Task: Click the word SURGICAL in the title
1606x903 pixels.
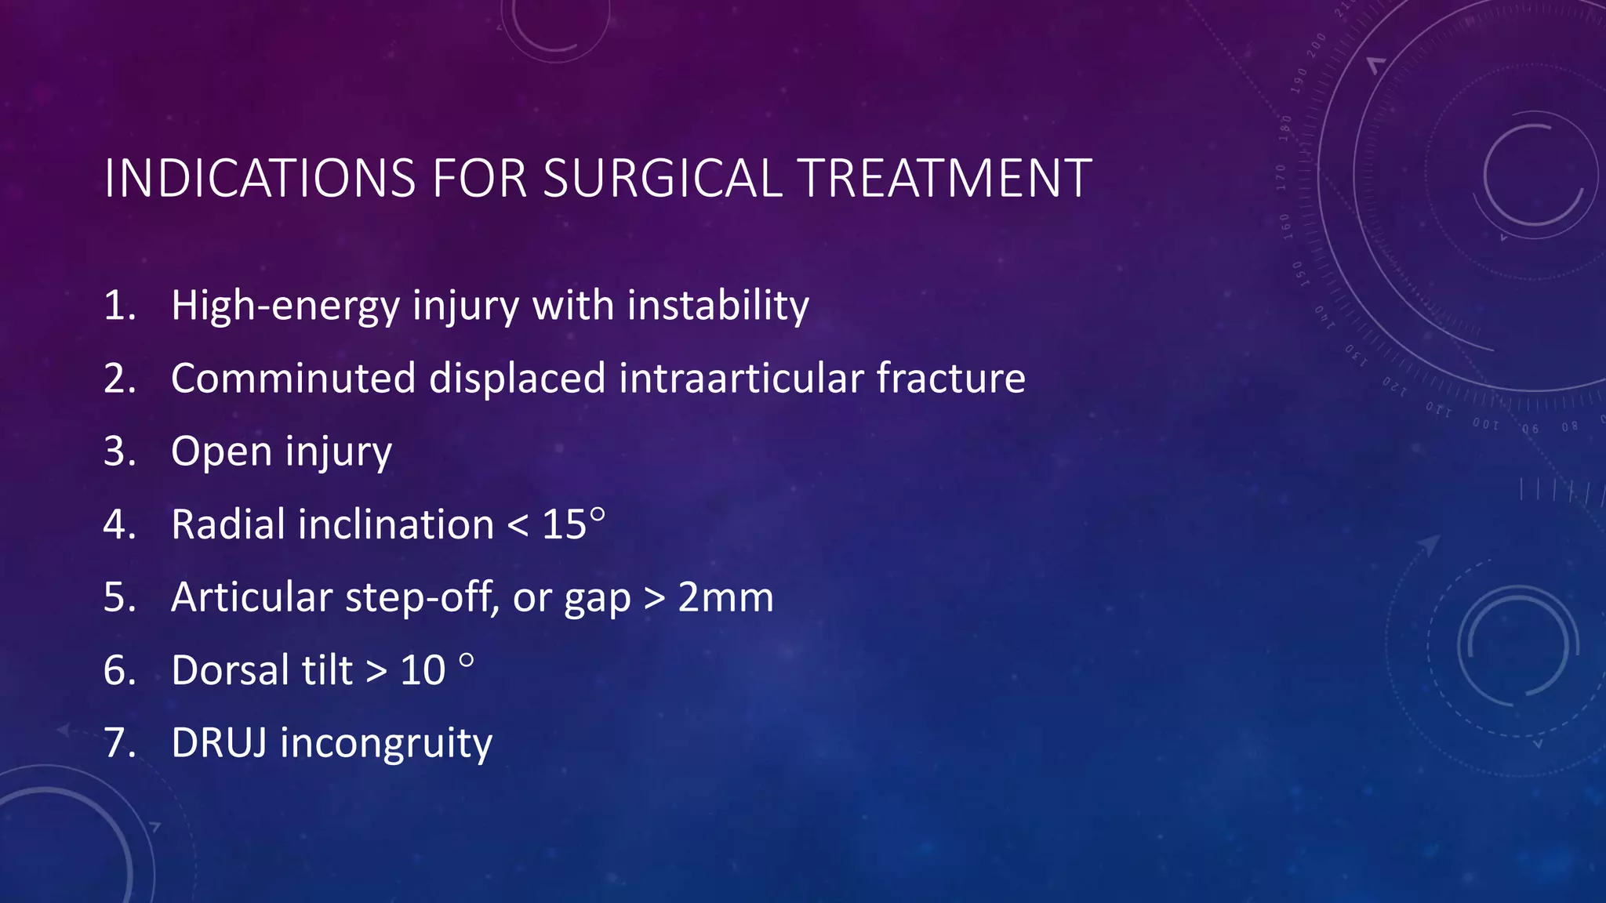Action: [662, 179]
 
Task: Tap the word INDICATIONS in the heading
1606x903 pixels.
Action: [260, 179]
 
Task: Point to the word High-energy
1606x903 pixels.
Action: [285, 306]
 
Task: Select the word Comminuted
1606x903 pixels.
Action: [293, 379]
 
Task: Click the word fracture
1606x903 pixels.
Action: [950, 379]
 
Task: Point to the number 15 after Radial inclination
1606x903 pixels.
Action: [564, 524]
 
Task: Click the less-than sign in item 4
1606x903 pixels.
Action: [518, 526]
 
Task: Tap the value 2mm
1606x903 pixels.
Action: [725, 597]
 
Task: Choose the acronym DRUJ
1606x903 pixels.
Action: [219, 743]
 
